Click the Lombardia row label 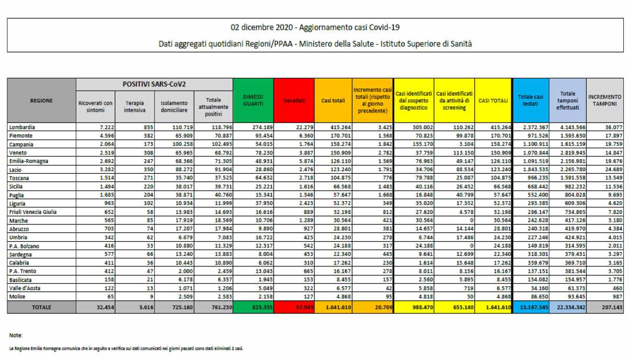click(x=23, y=127)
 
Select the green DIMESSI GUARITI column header click(x=253, y=100)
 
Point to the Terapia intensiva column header click(x=134, y=107)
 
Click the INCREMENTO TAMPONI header click(x=604, y=100)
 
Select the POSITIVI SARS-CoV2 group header click(x=154, y=84)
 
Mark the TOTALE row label click(x=41, y=308)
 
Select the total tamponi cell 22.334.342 click(x=568, y=308)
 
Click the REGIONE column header click(x=41, y=100)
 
